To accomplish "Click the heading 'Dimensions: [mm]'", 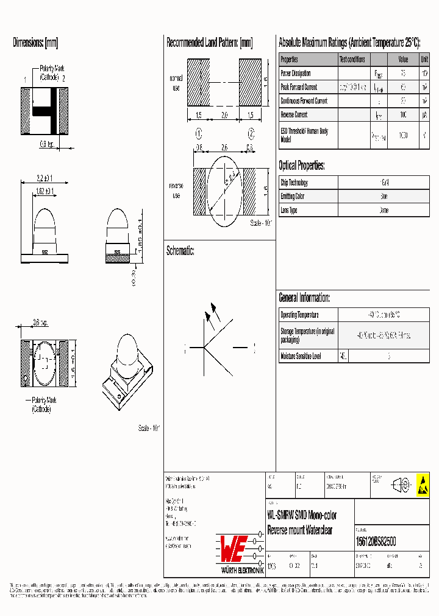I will point(35,43).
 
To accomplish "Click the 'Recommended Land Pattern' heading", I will point(209,43).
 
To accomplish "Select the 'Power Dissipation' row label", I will point(295,74).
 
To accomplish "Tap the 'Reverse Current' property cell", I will point(293,114).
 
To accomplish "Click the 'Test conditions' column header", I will point(352,60).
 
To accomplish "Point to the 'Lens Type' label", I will point(289,210).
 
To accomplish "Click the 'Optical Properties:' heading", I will point(302,166).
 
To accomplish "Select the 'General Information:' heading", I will point(304,298).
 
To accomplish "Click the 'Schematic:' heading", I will point(180,251).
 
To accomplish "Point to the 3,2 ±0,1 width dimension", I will point(44,178).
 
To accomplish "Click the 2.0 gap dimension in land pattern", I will point(224,115).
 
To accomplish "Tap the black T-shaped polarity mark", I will point(46,111).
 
